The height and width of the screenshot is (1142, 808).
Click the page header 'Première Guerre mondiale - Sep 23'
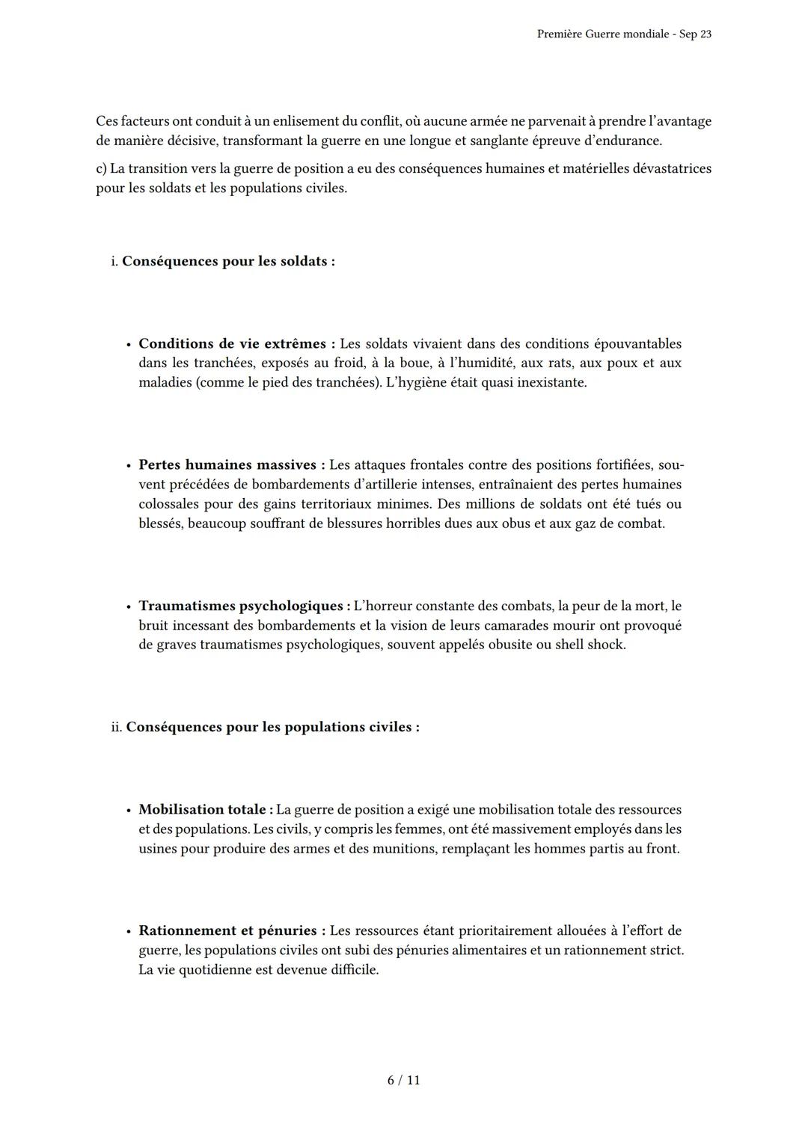click(624, 34)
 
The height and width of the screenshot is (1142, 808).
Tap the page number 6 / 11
click(404, 1080)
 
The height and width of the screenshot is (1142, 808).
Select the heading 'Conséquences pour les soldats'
click(228, 261)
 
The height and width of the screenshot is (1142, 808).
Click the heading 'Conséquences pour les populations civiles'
click(272, 727)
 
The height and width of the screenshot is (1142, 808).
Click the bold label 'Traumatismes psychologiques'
click(244, 606)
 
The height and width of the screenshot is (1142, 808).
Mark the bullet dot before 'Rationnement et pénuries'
click(129, 932)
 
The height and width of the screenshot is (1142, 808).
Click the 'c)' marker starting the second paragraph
click(102, 168)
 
